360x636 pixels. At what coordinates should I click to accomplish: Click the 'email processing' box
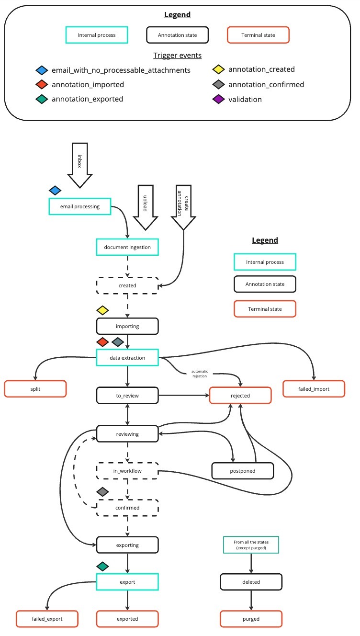[x=80, y=206]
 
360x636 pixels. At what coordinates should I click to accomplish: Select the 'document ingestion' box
[x=127, y=247]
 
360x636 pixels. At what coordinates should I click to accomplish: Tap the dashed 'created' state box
[x=127, y=285]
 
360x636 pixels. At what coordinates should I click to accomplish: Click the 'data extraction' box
[x=127, y=357]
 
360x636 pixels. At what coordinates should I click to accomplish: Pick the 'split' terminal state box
[x=35, y=389]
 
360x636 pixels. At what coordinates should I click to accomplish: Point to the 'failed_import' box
[x=314, y=389]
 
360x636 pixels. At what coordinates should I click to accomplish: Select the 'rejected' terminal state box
[x=240, y=396]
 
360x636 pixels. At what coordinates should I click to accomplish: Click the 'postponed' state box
[x=243, y=470]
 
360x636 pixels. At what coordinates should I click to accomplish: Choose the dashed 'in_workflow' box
[x=127, y=471]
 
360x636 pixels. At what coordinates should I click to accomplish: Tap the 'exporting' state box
[x=127, y=545]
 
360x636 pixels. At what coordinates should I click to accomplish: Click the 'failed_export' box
[x=47, y=619]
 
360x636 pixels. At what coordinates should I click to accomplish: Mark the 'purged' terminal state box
[x=251, y=619]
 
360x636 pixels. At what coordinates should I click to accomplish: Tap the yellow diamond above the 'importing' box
[x=103, y=310]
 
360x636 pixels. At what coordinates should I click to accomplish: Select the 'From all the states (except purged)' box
[x=251, y=545]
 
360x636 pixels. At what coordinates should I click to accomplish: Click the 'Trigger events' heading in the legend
[x=177, y=56]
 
